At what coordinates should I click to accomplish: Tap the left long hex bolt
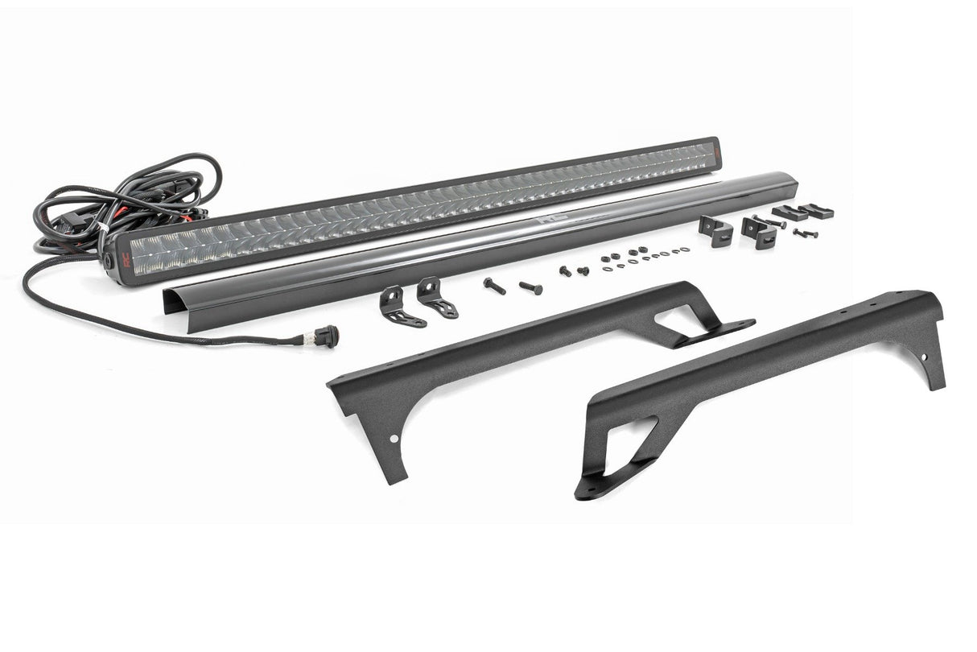pos(494,286)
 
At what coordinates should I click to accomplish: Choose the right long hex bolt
pos(531,287)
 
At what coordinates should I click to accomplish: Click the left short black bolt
pos(565,271)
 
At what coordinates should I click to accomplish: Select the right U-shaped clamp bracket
pos(760,232)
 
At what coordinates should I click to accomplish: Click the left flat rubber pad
pos(789,213)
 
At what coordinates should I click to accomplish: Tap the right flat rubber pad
pos(817,211)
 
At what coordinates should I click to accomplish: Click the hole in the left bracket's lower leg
pos(394,439)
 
